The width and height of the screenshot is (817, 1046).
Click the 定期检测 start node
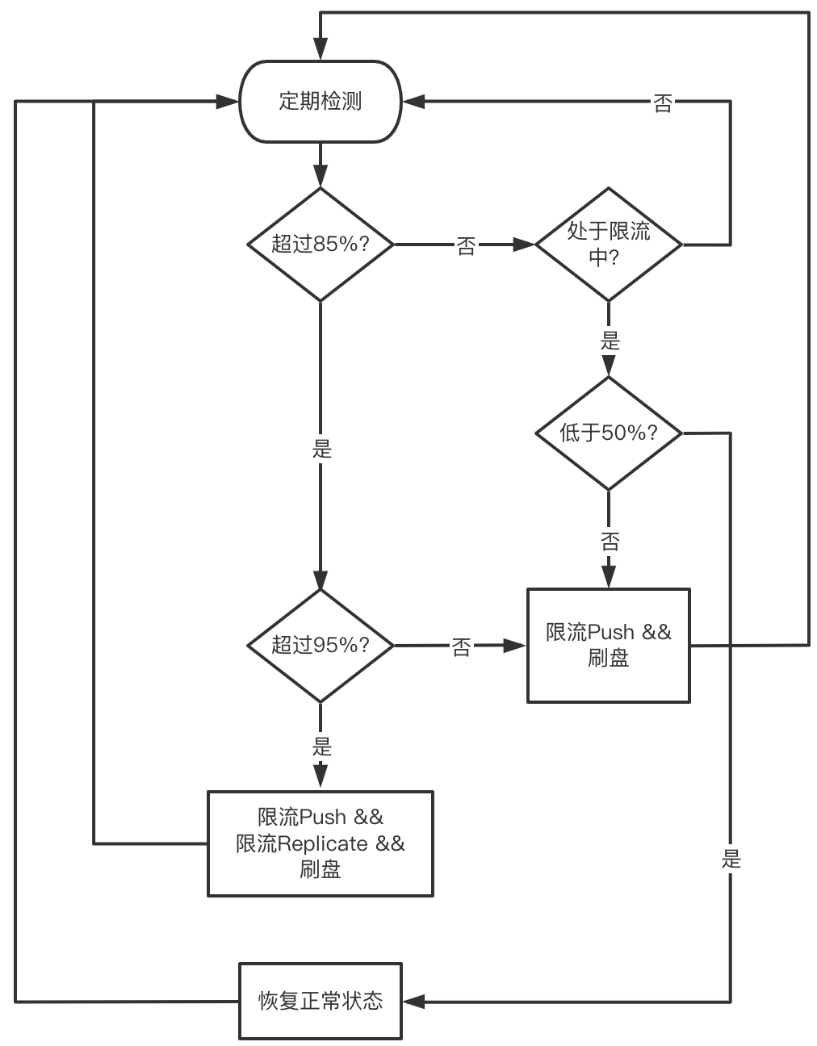(321, 102)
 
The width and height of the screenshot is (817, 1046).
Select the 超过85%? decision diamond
(321, 245)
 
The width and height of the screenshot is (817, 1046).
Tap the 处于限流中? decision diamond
(609, 245)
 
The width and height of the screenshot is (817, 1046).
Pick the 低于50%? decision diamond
(609, 433)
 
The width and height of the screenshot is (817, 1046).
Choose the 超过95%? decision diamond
(321, 646)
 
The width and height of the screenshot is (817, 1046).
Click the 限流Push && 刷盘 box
(609, 646)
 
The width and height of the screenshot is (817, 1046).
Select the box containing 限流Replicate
(321, 843)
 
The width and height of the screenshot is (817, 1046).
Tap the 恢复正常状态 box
(321, 1002)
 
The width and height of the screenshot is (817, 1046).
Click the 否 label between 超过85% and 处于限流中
(466, 246)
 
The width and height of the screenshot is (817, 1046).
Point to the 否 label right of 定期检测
(663, 103)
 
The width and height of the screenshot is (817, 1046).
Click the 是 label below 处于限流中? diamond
(610, 341)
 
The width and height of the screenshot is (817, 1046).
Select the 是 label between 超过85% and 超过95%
(321, 449)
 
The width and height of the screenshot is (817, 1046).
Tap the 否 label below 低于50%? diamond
(610, 542)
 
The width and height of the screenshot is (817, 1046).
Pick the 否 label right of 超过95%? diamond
(461, 647)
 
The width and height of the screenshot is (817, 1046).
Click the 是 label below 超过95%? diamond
(321, 747)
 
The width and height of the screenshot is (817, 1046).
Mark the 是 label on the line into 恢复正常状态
(731, 859)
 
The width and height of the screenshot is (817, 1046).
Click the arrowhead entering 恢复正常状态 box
(413, 1002)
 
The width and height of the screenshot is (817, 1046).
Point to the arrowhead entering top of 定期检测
(321, 49)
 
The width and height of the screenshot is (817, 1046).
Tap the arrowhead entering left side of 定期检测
(228, 102)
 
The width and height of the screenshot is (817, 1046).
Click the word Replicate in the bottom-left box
(323, 843)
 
